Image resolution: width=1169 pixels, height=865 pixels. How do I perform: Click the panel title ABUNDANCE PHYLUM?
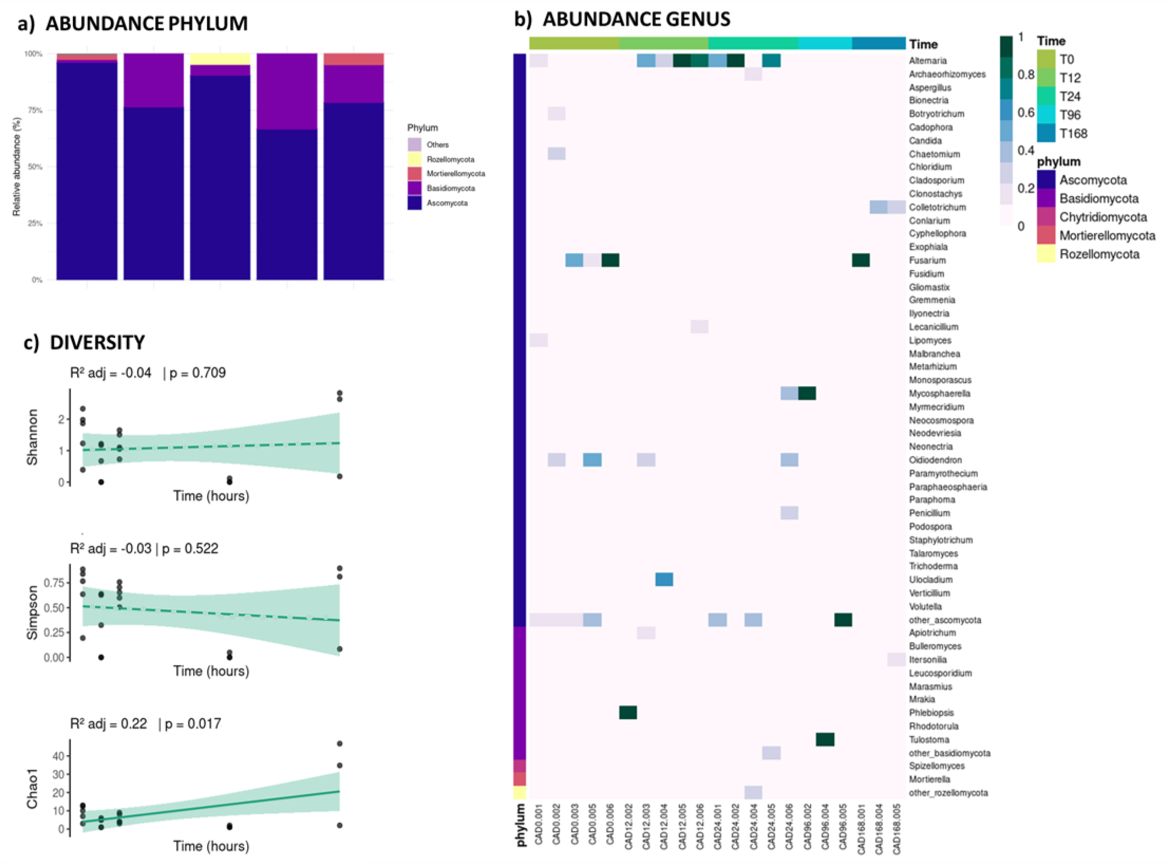146,23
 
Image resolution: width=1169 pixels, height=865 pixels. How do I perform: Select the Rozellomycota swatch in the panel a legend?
414,159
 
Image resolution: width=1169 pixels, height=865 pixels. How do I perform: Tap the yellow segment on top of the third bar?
220,59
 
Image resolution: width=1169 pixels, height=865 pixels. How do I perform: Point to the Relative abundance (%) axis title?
16,167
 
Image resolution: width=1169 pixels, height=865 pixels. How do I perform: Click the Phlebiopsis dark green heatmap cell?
628,713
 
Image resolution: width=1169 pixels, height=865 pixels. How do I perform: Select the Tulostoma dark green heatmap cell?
825,739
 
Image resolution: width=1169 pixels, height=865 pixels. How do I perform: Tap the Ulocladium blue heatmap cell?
664,580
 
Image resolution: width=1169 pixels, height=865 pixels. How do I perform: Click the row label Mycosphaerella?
939,393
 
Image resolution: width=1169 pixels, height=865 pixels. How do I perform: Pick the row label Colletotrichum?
937,207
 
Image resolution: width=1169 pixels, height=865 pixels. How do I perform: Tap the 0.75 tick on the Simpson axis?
54,583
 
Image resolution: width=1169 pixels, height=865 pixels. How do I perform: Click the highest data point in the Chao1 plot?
340,744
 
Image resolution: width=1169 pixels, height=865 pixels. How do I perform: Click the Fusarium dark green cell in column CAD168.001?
861,260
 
